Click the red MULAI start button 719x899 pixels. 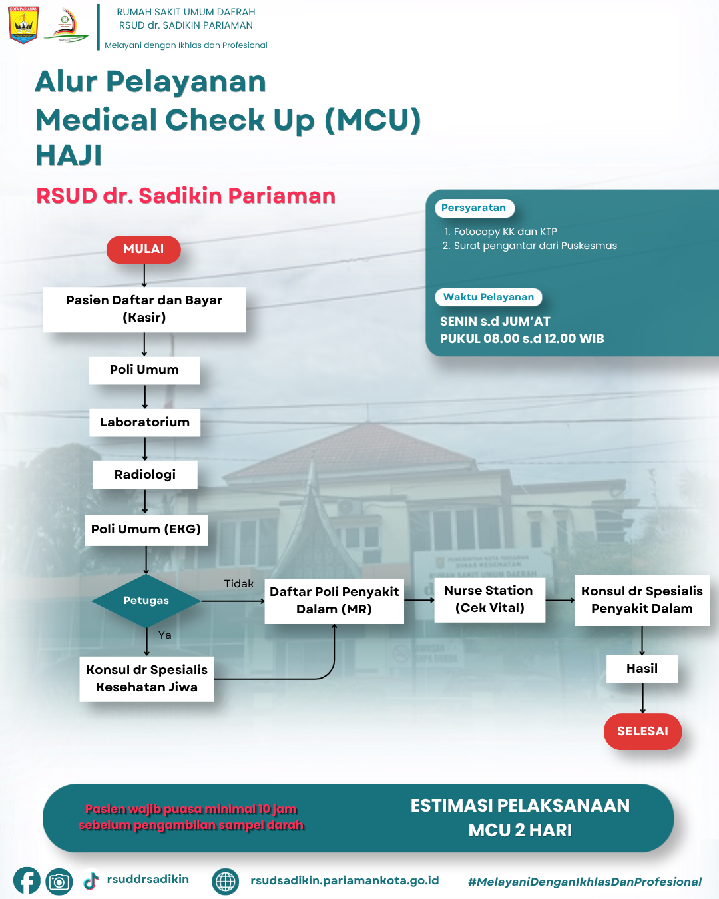pos(144,250)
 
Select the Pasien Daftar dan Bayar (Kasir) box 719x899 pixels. pos(144,310)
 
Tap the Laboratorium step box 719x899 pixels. pos(145,422)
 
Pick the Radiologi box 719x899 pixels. pos(145,475)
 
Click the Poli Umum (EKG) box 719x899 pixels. pos(146,530)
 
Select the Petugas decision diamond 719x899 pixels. pos(146,601)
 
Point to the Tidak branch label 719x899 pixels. pos(238,584)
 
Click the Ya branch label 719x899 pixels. pos(165,635)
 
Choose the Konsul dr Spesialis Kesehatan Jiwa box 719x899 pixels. pos(146,679)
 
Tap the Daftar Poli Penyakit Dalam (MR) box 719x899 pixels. pos(334,601)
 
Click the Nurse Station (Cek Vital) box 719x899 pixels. pos(489,599)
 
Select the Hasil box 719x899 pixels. pos(642,669)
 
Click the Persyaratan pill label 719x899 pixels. pos(474,208)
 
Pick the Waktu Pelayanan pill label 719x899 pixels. pos(489,297)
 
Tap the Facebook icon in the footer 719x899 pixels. pos(27,881)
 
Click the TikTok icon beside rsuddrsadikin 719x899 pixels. pos(91,881)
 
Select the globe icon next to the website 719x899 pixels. pos(226,881)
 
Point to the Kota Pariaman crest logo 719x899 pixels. pos(23,25)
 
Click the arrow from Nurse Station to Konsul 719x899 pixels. pos(560,600)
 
